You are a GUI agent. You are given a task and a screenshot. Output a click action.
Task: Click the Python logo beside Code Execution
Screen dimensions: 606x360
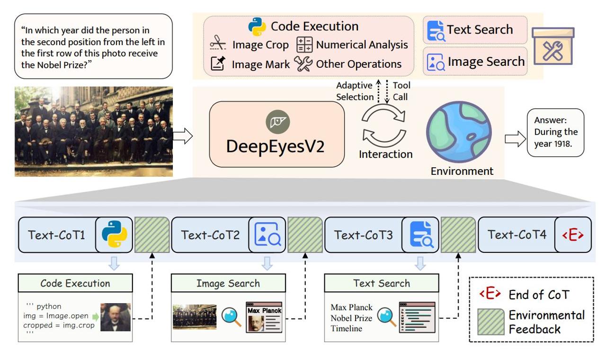[257, 27]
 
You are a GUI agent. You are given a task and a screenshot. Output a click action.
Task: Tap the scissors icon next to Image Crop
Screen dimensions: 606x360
[218, 43]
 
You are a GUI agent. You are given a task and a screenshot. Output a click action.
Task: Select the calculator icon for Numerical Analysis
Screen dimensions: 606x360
[304, 45]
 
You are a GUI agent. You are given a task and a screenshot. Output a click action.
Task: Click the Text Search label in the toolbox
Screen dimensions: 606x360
[480, 29]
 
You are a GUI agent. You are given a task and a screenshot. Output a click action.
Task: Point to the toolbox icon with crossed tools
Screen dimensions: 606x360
[553, 46]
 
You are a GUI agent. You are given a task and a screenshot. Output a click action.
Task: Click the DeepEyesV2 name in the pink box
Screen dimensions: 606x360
[275, 146]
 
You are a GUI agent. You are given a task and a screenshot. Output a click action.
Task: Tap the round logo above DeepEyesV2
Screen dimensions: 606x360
[278, 122]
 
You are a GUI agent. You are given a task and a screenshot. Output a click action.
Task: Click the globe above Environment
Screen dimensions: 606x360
[459, 132]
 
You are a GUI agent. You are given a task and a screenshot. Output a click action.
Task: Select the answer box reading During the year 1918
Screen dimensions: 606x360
[555, 133]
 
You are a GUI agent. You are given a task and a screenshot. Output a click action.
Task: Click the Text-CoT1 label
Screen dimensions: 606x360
[56, 235]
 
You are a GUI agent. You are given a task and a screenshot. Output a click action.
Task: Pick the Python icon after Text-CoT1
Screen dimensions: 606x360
[115, 234]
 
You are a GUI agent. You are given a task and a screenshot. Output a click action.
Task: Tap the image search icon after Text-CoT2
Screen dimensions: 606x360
[267, 234]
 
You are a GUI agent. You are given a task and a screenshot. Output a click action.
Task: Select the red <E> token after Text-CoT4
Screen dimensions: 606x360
[573, 234]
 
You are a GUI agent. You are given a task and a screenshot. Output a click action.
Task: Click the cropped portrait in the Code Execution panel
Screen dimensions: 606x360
[116, 317]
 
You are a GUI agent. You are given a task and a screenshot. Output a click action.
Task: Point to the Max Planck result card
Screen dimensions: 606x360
[264, 317]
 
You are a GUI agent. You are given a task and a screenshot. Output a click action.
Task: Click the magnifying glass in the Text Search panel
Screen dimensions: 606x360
[387, 317]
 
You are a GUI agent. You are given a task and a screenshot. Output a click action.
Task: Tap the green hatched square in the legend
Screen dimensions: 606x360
[491, 322]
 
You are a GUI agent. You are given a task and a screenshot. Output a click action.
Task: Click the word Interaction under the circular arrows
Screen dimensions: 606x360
[386, 154]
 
